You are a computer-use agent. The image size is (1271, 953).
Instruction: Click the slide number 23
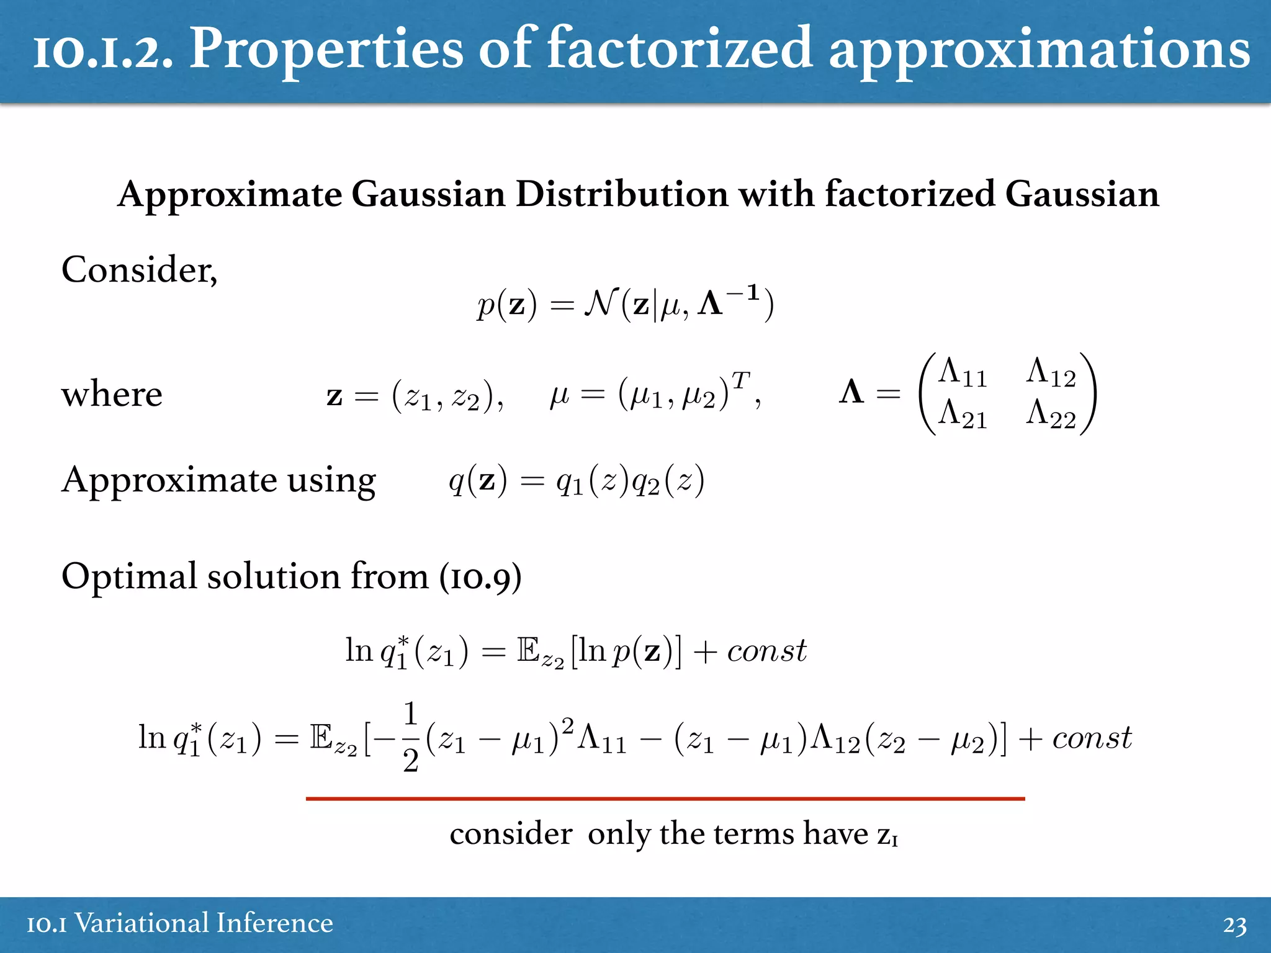tap(1234, 925)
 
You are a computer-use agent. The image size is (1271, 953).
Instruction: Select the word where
tap(112, 395)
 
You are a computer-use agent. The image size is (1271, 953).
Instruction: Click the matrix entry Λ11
tap(962, 373)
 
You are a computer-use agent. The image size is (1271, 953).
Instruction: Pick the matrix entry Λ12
tap(1051, 373)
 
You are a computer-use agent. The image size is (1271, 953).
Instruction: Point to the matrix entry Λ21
tap(962, 414)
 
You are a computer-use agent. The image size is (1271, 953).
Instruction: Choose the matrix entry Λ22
tap(1051, 414)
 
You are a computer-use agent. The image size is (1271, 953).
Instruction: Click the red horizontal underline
tap(665, 799)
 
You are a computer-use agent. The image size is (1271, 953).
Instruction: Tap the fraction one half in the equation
tap(410, 737)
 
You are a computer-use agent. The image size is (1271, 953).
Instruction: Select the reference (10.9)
tap(480, 577)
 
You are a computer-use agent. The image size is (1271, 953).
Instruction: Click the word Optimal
tap(129, 577)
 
